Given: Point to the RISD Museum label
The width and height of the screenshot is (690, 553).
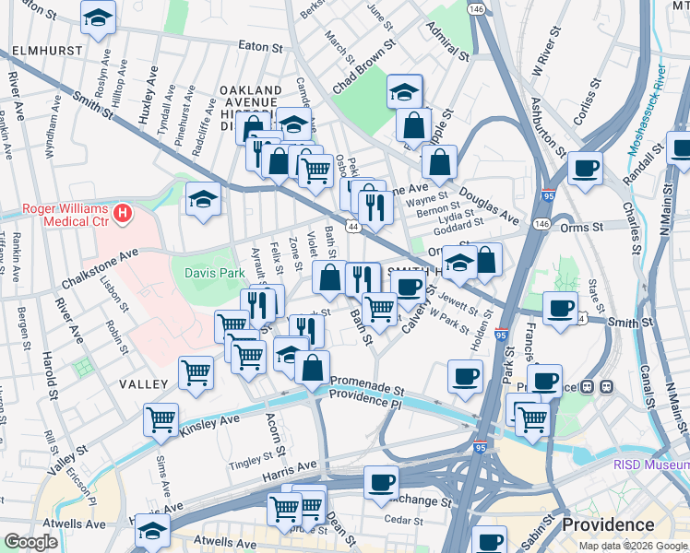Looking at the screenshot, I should pyautogui.click(x=650, y=465).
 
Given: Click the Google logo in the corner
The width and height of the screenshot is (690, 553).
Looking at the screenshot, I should pyautogui.click(x=30, y=542).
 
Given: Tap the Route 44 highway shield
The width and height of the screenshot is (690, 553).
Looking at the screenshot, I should pyautogui.click(x=352, y=225).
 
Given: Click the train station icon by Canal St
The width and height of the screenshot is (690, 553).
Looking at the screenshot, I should pyautogui.click(x=608, y=386).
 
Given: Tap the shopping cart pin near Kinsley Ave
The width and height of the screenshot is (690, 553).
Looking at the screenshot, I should pyautogui.click(x=161, y=419).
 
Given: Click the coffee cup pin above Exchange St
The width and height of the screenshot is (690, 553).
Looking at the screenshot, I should pyautogui.click(x=380, y=481).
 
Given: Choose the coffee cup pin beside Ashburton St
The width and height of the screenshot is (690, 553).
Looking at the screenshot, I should pyautogui.click(x=585, y=168).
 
